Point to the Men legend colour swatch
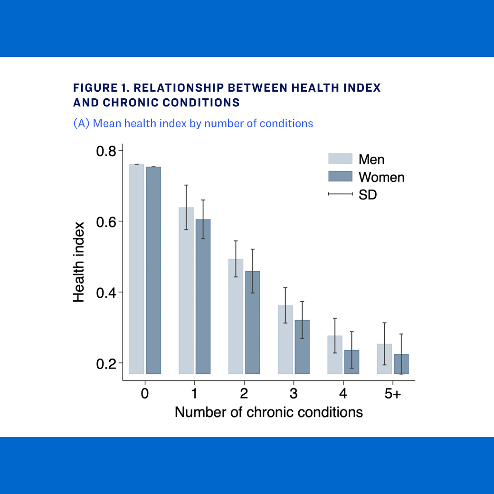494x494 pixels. pyautogui.click(x=340, y=159)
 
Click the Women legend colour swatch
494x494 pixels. pyautogui.click(x=340, y=177)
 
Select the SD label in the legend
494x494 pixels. pyautogui.click(x=368, y=194)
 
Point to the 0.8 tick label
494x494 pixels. pyautogui.click(x=106, y=151)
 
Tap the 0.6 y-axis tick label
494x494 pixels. pyautogui.click(x=106, y=221)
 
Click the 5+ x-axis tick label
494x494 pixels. pyautogui.click(x=392, y=394)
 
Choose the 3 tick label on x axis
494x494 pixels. pyautogui.click(x=294, y=394)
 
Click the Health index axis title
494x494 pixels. pyautogui.click(x=79, y=262)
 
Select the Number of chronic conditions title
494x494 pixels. pyautogui.click(x=269, y=412)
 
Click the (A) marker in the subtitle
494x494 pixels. pyautogui.click(x=81, y=123)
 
